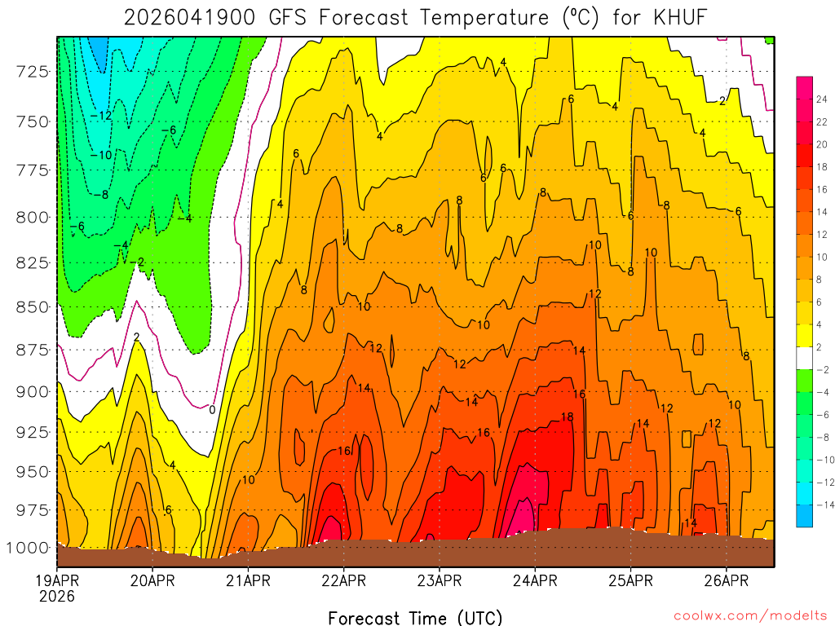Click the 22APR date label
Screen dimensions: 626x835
pyautogui.click(x=343, y=581)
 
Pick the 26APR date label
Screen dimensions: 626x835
pyautogui.click(x=726, y=581)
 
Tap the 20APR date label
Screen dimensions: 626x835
pyautogui.click(x=152, y=581)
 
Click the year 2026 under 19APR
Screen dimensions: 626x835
pyautogui.click(x=56, y=597)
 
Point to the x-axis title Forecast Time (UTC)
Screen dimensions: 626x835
pyautogui.click(x=415, y=617)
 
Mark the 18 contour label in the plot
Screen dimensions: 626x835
pyautogui.click(x=568, y=417)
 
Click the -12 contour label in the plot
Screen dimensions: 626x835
pyautogui.click(x=101, y=116)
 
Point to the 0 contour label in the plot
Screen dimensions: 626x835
pyautogui.click(x=212, y=409)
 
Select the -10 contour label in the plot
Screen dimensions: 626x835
pyautogui.click(x=101, y=155)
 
